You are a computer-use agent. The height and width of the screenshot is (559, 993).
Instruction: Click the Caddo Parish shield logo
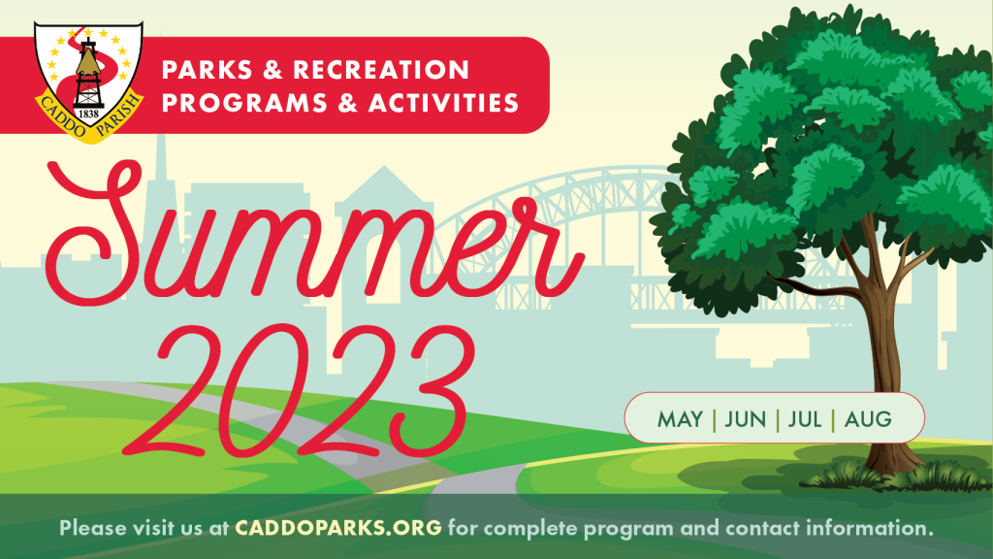(x=88, y=78)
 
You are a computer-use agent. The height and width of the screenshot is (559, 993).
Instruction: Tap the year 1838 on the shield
(x=88, y=114)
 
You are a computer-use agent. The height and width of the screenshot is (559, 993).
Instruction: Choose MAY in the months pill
(x=680, y=419)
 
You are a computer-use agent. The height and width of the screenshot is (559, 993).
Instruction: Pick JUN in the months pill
(x=745, y=419)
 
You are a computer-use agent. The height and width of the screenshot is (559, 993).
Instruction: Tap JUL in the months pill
(x=804, y=419)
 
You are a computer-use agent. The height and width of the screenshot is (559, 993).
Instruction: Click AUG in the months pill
(x=868, y=419)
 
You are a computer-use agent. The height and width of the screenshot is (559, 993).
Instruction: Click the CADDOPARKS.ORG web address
(x=336, y=529)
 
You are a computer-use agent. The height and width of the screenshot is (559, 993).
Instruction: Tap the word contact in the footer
(x=750, y=529)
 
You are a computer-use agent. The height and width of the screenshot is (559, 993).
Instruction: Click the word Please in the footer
(x=92, y=529)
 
